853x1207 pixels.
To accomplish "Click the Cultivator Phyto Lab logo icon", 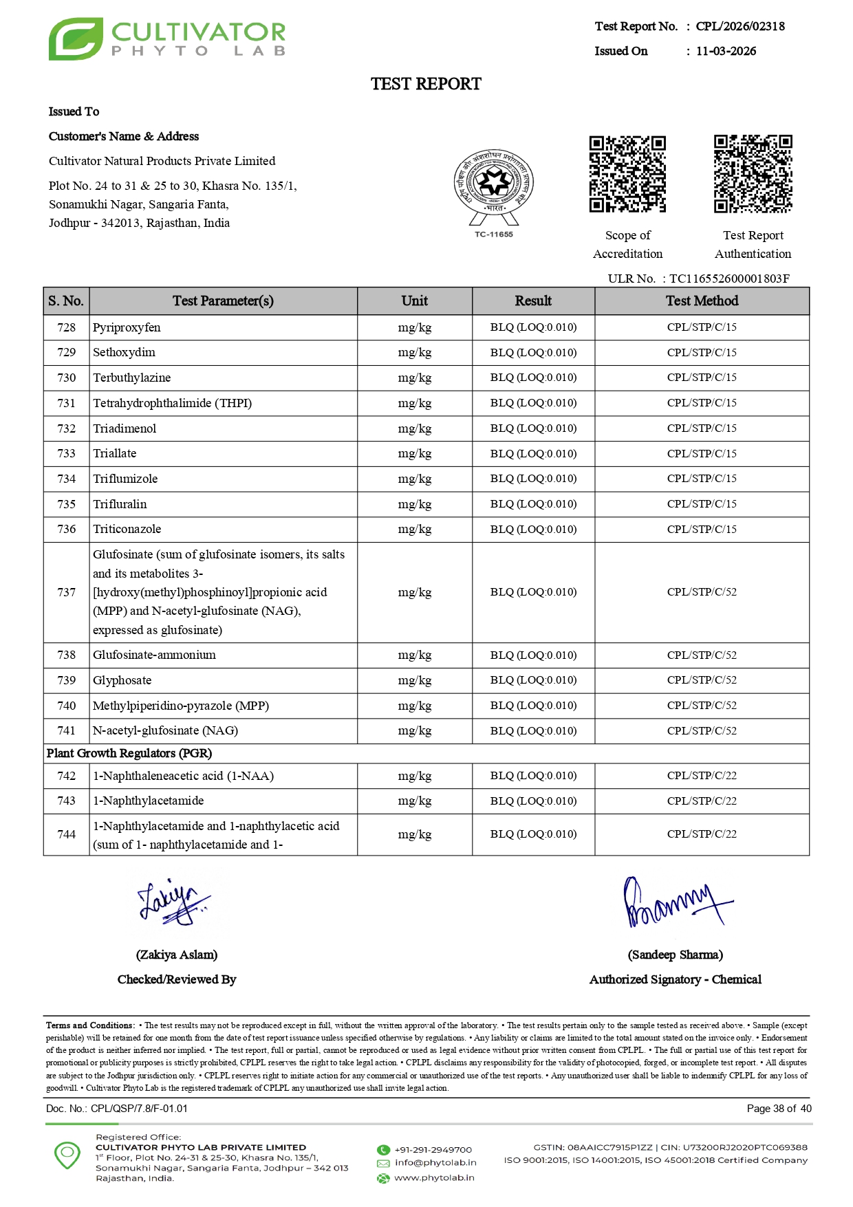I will (76, 39).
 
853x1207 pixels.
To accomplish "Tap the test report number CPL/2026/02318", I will (739, 26).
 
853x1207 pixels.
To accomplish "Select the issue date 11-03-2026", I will (726, 51).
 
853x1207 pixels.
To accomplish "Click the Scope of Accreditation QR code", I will (627, 174).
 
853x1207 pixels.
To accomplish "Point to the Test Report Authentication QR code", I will (753, 174).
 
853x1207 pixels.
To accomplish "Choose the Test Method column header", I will (702, 301).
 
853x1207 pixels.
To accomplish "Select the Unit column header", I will (414, 301).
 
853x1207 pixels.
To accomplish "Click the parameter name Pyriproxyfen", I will (127, 327).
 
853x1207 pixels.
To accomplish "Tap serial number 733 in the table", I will (66, 453).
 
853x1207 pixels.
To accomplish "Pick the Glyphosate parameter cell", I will (122, 680).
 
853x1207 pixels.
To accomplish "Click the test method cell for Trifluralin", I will (702, 503).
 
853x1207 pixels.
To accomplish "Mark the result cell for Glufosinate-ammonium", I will (533, 655).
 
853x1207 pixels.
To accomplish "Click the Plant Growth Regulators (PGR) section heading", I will (129, 753).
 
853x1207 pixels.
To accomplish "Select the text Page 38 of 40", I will (779, 1109).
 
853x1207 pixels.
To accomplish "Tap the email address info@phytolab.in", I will (435, 1162).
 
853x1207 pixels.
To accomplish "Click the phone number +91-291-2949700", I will (433, 1150).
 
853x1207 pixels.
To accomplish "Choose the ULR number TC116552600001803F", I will (729, 279).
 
